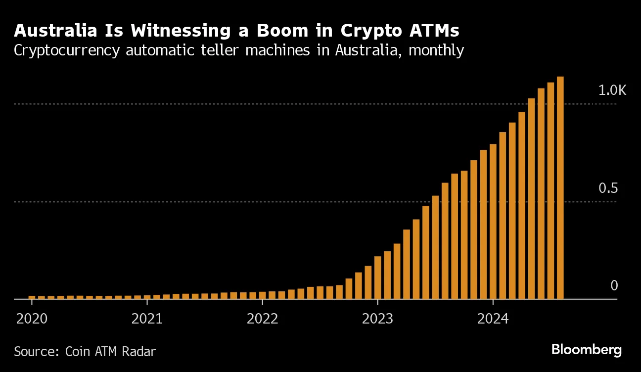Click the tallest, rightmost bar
tap(560, 188)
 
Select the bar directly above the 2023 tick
tap(378, 278)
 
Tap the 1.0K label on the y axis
tap(612, 91)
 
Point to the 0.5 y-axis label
tap(608, 188)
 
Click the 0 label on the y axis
tap(614, 286)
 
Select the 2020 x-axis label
tap(32, 319)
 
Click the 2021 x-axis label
tap(147, 319)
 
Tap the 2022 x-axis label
tap(262, 319)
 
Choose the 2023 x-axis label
tap(377, 319)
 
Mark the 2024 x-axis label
tap(493, 319)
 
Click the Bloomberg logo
tap(586, 350)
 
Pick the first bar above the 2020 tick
tap(32, 297)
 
